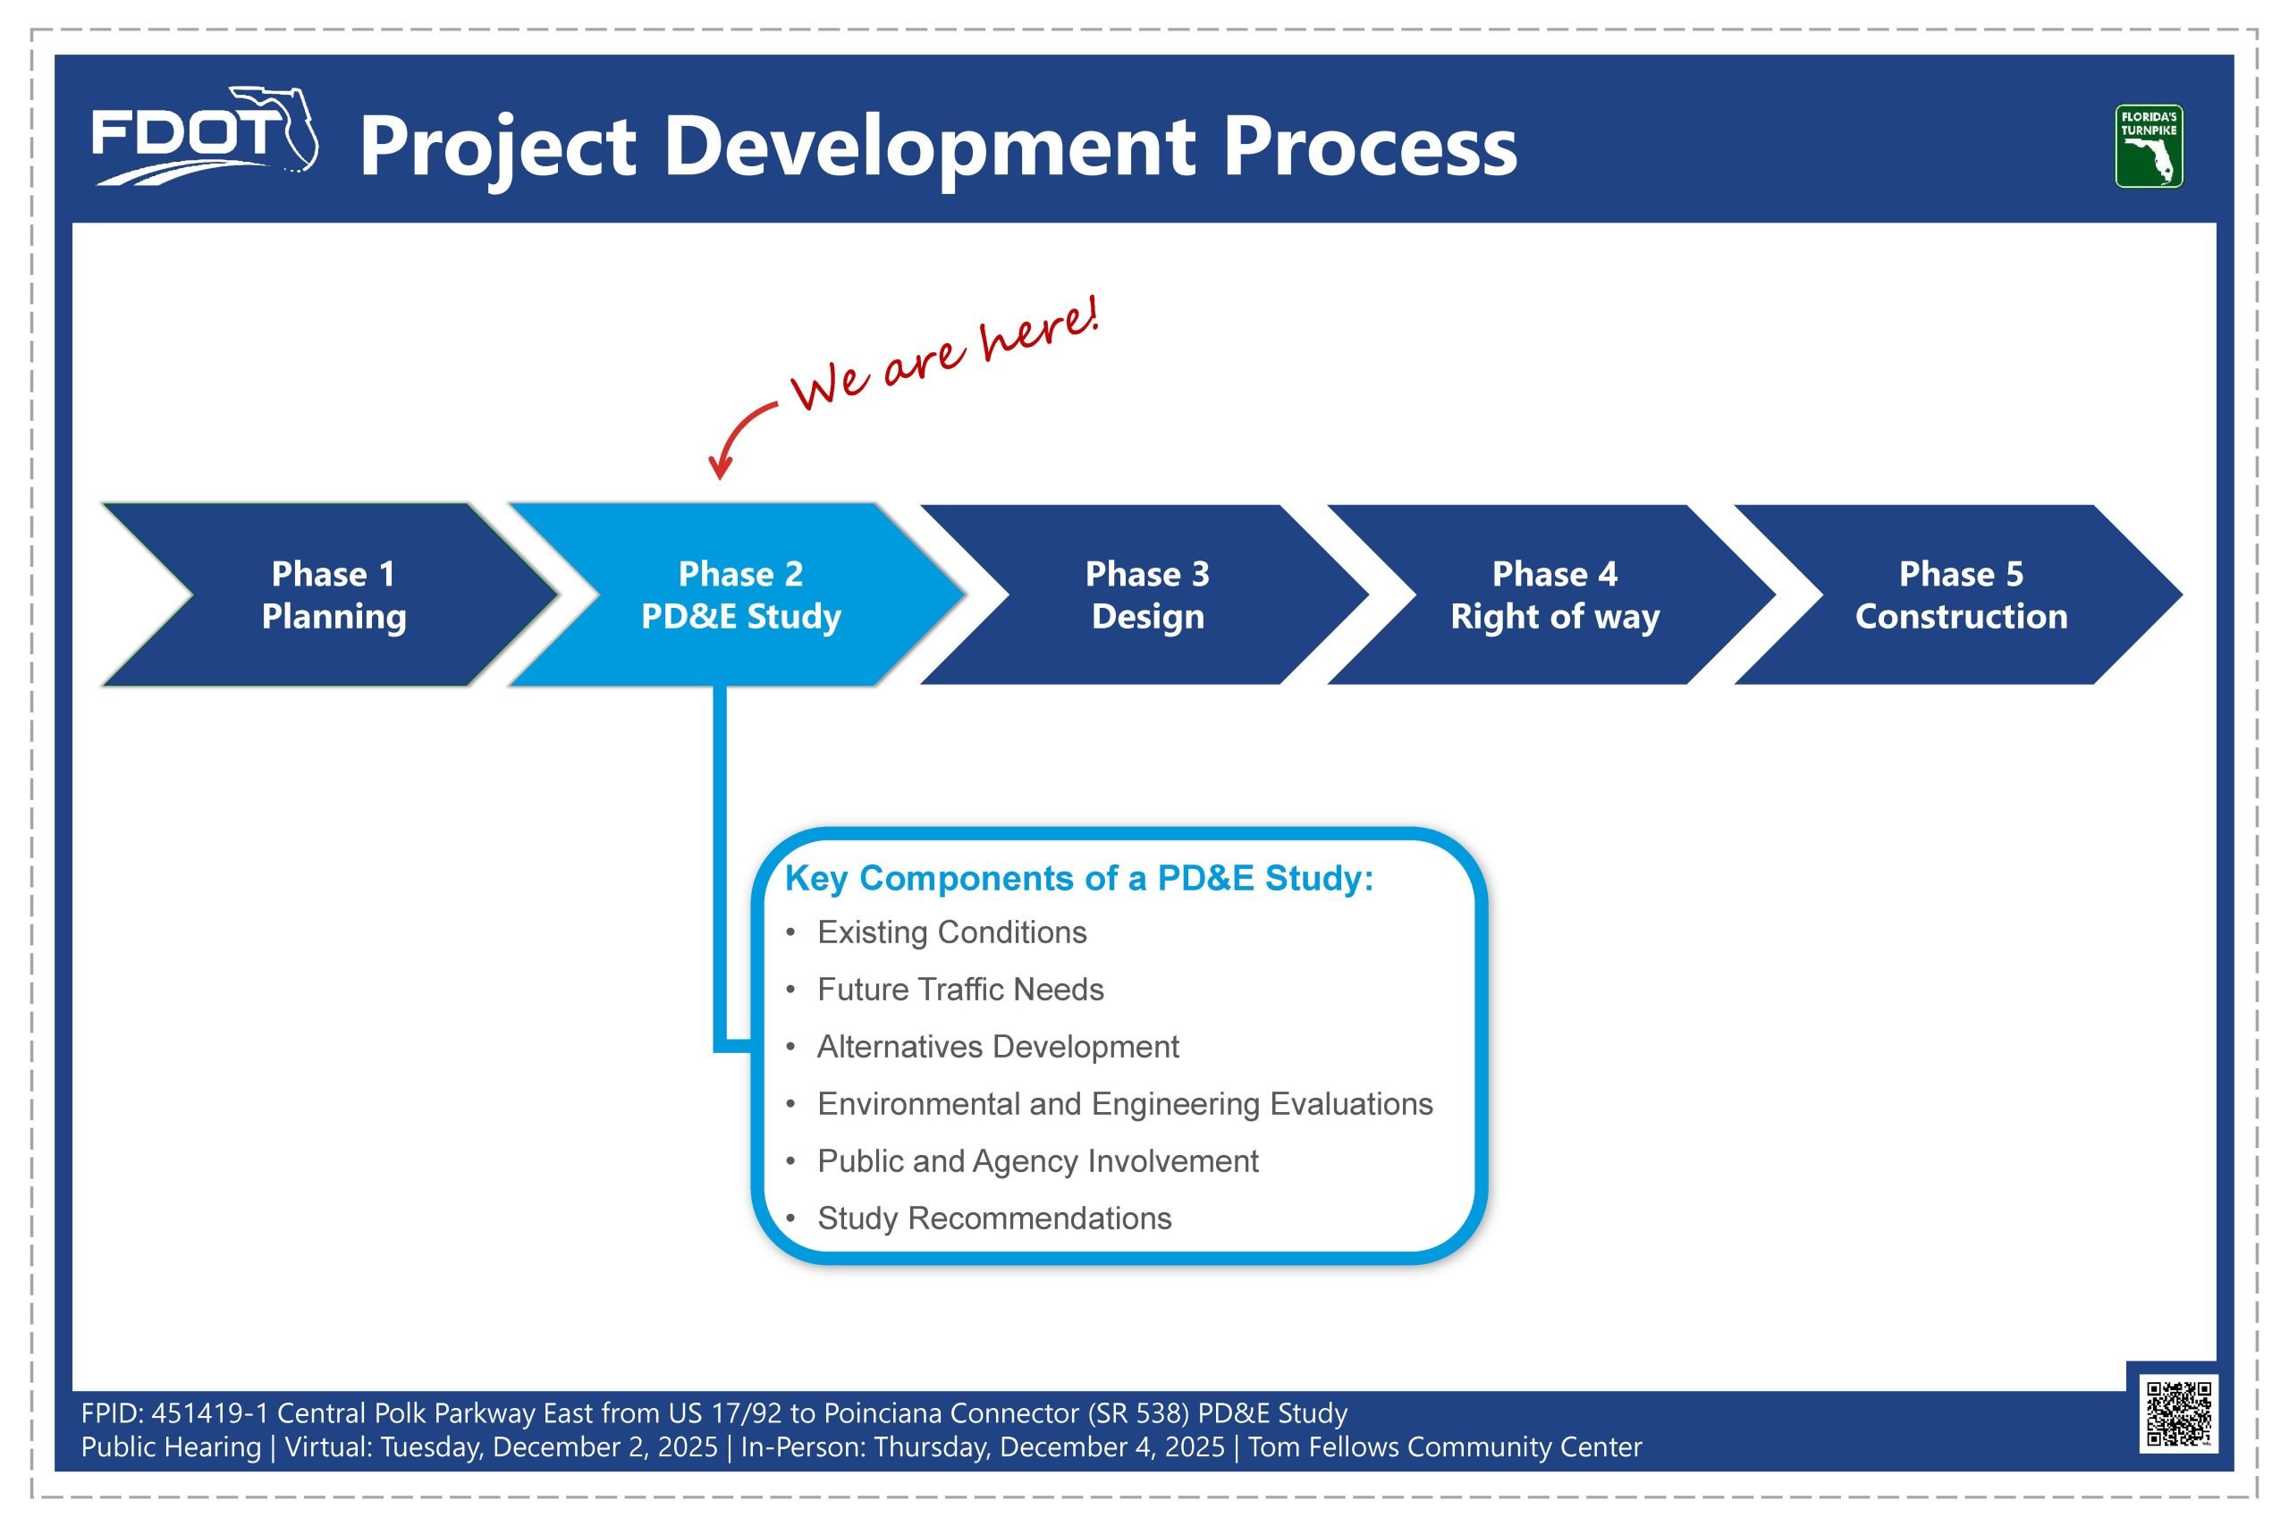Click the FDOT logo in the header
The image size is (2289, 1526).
[203, 136]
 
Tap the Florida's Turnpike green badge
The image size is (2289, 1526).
[2148, 146]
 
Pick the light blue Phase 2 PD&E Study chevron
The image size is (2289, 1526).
[740, 594]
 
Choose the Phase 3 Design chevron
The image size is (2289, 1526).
[1147, 594]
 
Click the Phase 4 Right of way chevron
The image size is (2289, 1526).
[1554, 594]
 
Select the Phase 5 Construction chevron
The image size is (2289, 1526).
[1961, 594]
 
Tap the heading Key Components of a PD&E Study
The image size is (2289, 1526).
[1078, 878]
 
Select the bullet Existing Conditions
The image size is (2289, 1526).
[950, 932]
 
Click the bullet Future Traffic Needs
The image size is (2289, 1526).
[959, 990]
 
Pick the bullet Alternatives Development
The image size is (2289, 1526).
[997, 1046]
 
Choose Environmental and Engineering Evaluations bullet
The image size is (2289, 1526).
[1124, 1104]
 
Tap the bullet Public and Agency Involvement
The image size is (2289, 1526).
[1036, 1161]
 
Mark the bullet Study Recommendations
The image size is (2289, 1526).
[993, 1218]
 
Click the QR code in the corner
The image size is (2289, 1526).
[2178, 1413]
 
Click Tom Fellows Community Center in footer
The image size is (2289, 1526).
[1444, 1447]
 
